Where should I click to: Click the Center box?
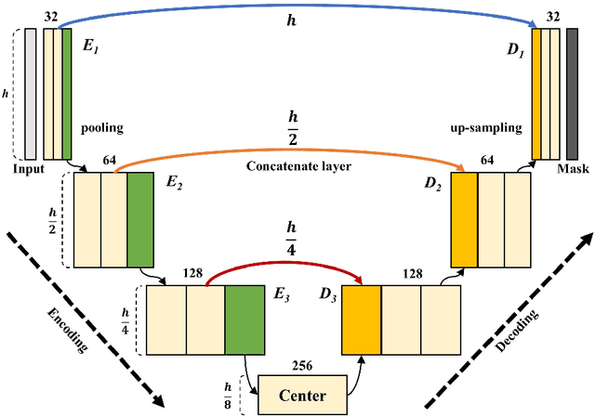tap(301, 395)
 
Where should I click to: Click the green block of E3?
tap(245, 320)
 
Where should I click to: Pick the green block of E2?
tap(139, 208)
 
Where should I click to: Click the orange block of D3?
tap(362, 320)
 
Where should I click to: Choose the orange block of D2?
tap(463, 208)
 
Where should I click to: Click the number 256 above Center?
tap(302, 365)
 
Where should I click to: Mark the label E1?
tap(90, 42)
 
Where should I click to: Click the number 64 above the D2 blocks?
tap(486, 161)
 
